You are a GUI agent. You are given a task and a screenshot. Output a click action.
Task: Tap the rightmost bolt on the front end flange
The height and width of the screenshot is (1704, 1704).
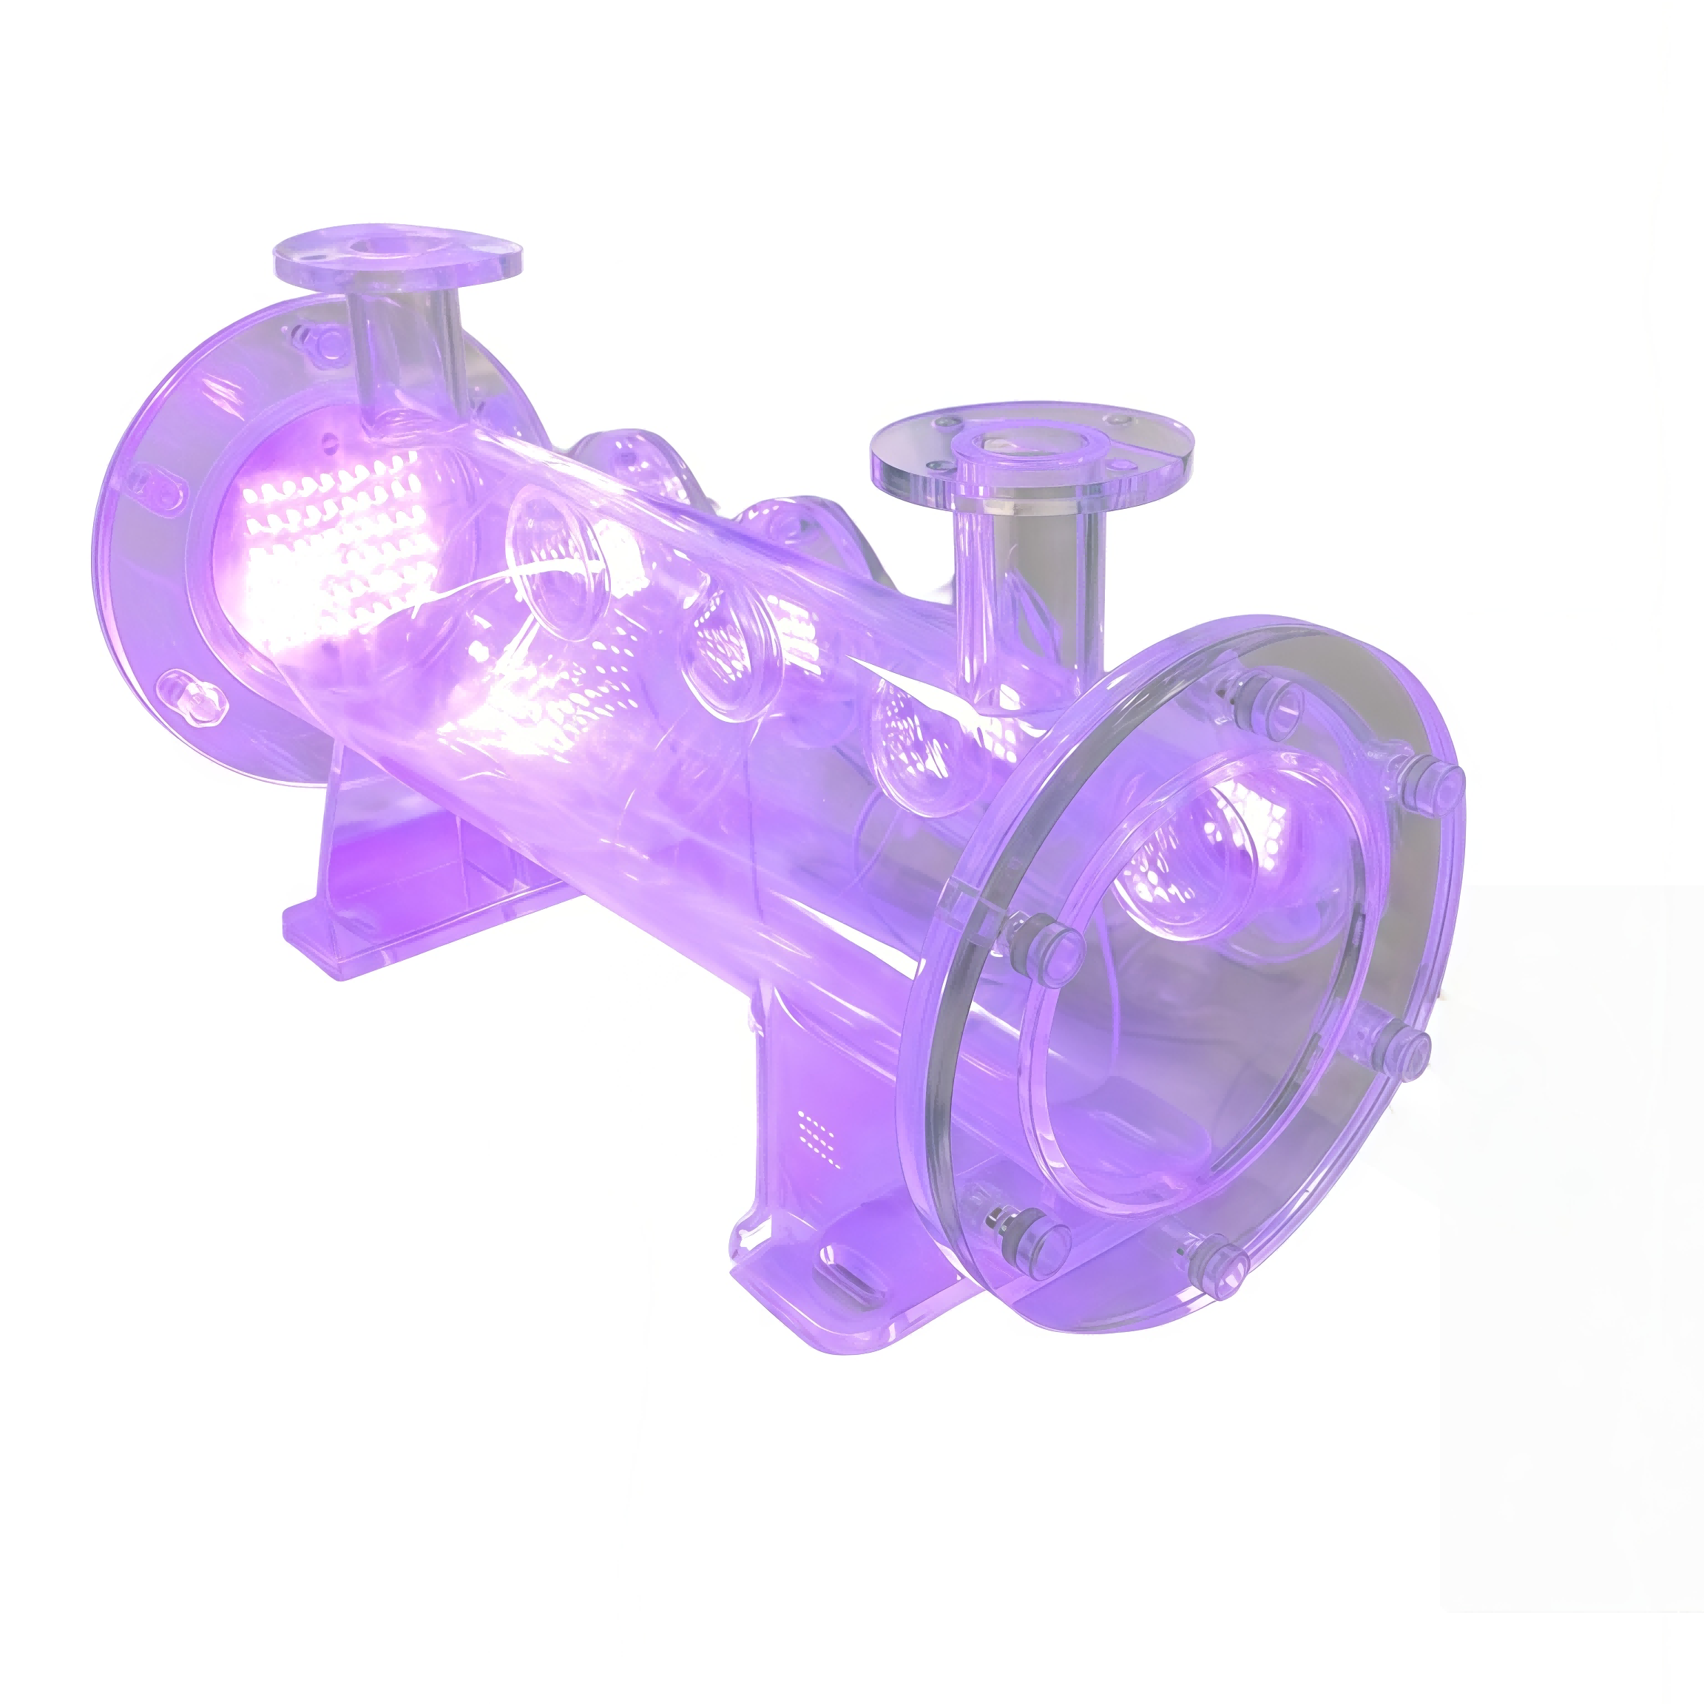point(1438,780)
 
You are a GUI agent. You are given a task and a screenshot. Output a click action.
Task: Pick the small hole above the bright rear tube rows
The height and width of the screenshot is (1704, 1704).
point(330,440)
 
